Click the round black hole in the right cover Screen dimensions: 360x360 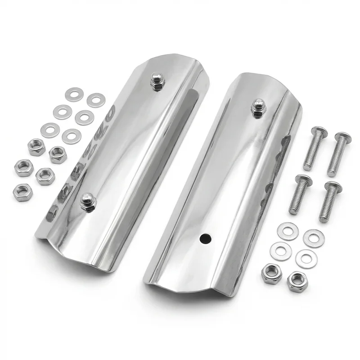[205, 237]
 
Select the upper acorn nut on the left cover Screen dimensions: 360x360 [157, 81]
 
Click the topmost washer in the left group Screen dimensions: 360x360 [74, 94]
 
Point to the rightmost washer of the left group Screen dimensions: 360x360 [96, 100]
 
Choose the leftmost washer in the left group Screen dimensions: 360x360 [50, 130]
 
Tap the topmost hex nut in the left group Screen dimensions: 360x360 [36, 147]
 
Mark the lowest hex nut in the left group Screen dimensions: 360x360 [22, 192]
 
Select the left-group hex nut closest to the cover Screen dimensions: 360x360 [58, 154]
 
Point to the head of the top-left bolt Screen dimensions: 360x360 [319, 132]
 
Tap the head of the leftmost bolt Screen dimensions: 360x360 [303, 181]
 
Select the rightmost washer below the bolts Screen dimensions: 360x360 [314, 238]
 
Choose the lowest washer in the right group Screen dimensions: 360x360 [306, 259]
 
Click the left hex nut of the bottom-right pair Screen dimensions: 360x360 [271, 273]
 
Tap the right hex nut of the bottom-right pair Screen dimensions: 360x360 [297, 282]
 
